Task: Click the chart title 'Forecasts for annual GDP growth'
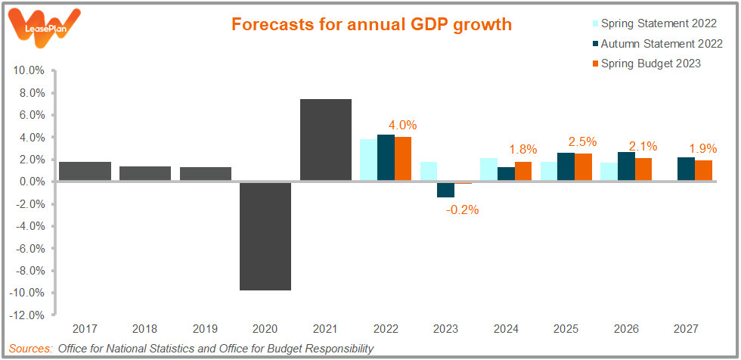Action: [371, 25]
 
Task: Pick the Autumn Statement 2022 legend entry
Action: [655, 44]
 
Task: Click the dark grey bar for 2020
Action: [265, 236]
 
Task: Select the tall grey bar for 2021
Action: [326, 140]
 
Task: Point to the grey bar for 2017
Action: [85, 172]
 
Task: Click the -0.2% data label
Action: [462, 210]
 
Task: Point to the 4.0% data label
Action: [402, 126]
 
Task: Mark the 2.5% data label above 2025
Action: [583, 141]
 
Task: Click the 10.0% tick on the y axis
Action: [29, 70]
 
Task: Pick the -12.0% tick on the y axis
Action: [28, 315]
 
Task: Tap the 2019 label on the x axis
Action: [205, 330]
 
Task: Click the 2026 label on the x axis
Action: [626, 330]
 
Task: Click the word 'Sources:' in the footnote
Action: [29, 349]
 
